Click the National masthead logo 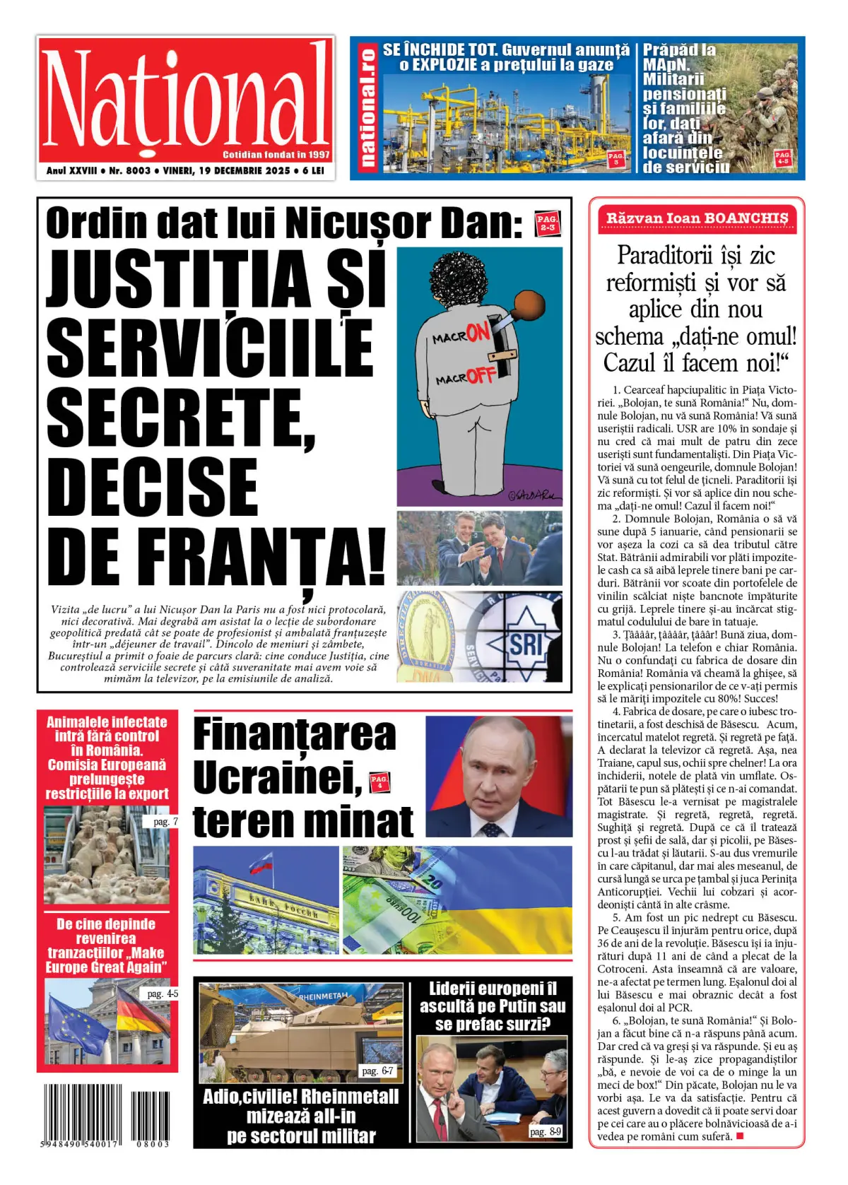pyautogui.click(x=186, y=99)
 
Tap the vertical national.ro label pyautogui.click(x=367, y=108)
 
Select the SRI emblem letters pyautogui.click(x=526, y=644)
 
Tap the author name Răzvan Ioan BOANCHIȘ pyautogui.click(x=696, y=218)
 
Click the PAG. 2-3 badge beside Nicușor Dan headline pyautogui.click(x=547, y=223)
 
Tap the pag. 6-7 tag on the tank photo pyautogui.click(x=377, y=1071)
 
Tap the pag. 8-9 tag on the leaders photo pyautogui.click(x=546, y=1131)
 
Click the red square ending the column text pyautogui.click(x=740, y=1136)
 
